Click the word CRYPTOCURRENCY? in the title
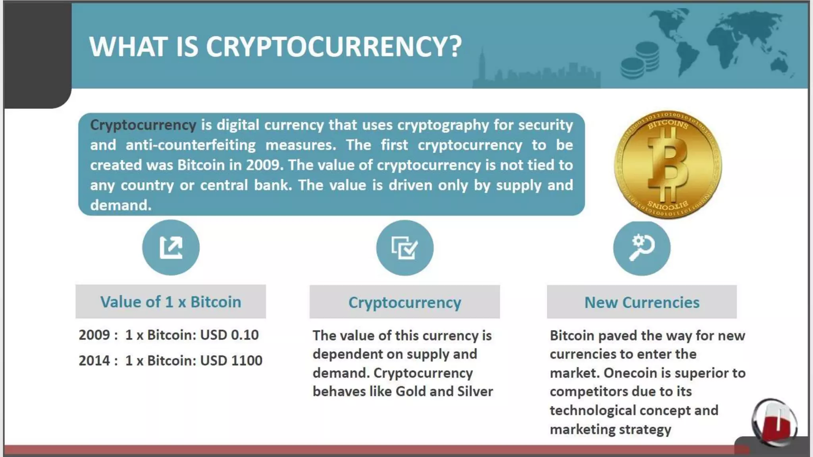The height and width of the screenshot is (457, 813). (333, 47)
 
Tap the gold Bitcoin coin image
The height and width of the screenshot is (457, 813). (668, 165)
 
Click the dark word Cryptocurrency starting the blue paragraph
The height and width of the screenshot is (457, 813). (143, 125)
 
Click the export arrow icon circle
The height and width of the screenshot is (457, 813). (171, 248)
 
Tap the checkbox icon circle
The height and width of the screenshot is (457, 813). (405, 248)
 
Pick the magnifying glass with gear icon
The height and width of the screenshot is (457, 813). (642, 248)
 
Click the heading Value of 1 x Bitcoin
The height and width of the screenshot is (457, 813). (171, 302)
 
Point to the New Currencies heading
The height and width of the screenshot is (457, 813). (642, 302)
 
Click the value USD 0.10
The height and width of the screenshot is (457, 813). (229, 335)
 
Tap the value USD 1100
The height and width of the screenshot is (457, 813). (231, 361)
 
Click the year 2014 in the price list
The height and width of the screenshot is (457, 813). (94, 361)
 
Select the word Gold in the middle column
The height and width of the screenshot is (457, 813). (410, 392)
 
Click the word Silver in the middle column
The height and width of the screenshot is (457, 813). (475, 392)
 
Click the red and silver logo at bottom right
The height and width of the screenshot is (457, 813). (774, 422)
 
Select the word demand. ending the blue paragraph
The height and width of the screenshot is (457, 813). (121, 205)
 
